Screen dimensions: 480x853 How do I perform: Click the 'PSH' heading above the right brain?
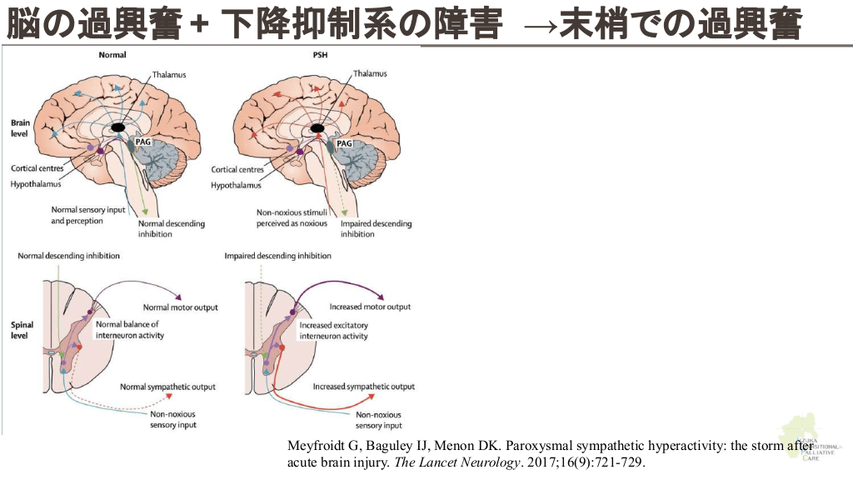(322, 55)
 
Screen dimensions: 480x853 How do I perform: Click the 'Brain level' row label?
(20, 127)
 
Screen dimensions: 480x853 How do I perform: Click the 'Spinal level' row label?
(21, 330)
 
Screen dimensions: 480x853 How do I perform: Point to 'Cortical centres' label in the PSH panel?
(237, 169)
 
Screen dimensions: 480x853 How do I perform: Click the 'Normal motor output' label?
(180, 307)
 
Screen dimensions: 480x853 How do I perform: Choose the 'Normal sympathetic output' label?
(167, 387)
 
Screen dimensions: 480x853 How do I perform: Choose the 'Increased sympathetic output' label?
(363, 387)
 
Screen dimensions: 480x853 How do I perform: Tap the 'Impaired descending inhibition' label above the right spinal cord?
(277, 256)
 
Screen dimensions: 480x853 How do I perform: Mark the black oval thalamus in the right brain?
(318, 127)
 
